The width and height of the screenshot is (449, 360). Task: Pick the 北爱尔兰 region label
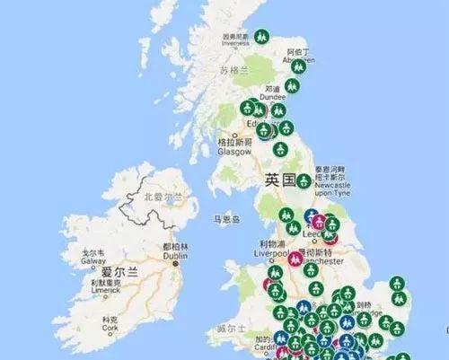163,196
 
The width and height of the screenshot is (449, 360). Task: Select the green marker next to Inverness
261,38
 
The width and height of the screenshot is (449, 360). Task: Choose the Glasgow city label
235,147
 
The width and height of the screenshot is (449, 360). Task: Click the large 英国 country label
280,180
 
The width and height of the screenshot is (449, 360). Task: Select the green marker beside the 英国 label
304,180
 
